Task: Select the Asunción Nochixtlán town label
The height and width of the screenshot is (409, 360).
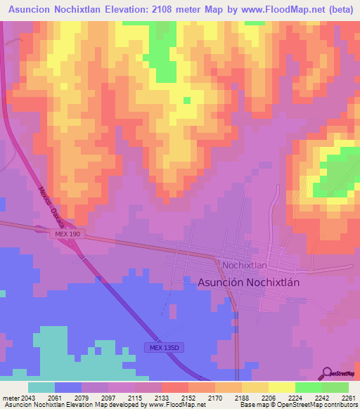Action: pyautogui.click(x=249, y=281)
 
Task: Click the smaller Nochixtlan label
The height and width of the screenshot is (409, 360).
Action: pyautogui.click(x=244, y=265)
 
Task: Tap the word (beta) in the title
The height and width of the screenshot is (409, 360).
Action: pyautogui.click(x=337, y=8)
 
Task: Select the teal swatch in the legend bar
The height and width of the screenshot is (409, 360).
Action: pyautogui.click(x=41, y=387)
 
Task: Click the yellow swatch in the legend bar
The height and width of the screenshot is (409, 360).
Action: pyautogui.click(x=281, y=387)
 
